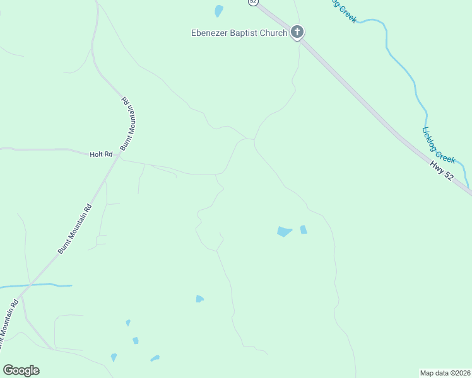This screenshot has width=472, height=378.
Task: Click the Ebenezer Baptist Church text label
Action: tap(239, 33)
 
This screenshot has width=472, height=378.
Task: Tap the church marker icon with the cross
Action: tap(297, 32)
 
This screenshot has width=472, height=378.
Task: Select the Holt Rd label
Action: tap(100, 154)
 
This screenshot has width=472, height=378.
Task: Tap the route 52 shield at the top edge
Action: tap(253, 2)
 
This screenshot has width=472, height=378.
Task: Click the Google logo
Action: tap(21, 370)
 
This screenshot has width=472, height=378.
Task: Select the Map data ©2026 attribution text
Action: tap(445, 373)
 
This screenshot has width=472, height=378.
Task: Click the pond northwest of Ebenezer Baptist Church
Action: tap(219, 11)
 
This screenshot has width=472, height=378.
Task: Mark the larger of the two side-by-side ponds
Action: tap(284, 232)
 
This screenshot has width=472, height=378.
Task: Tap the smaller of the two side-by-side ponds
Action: tap(304, 229)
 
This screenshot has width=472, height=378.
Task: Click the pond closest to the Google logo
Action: tap(114, 357)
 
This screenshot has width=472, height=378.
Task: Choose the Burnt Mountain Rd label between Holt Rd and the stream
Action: tap(76, 229)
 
